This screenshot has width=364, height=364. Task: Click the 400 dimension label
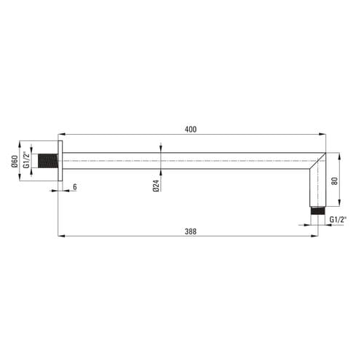coord(191,130)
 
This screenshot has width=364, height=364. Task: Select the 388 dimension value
coord(191,232)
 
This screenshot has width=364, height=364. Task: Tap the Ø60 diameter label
coord(15,161)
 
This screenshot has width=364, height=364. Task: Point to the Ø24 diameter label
coord(157,186)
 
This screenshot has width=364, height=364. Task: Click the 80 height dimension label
coord(335,181)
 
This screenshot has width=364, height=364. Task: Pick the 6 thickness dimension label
coord(75,187)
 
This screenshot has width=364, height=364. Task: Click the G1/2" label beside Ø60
coord(26,159)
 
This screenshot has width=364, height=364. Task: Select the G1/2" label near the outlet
coord(338,220)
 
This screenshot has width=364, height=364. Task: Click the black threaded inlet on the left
coord(48,161)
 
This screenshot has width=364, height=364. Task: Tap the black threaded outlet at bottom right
coord(318,210)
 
